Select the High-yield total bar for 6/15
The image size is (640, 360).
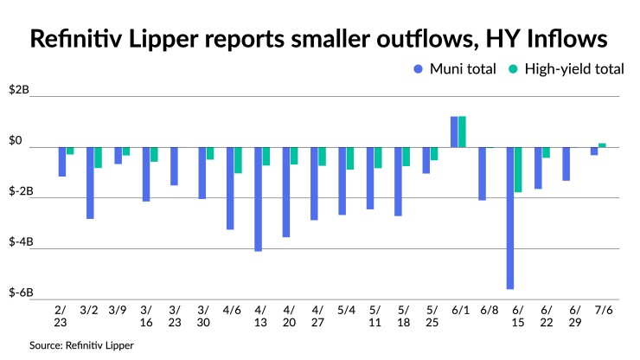[x=519, y=170]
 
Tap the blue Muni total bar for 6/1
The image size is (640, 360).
[x=454, y=132]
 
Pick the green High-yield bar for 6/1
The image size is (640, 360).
[x=463, y=132]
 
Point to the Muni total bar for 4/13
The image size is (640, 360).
[x=258, y=199]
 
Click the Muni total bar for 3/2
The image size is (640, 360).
[x=90, y=183]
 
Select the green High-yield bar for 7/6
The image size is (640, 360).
[x=603, y=145]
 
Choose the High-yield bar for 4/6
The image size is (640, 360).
[x=238, y=160]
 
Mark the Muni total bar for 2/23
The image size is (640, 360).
[x=62, y=162]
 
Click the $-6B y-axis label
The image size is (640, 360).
[x=19, y=292]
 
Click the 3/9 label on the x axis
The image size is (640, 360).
[x=118, y=309]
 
